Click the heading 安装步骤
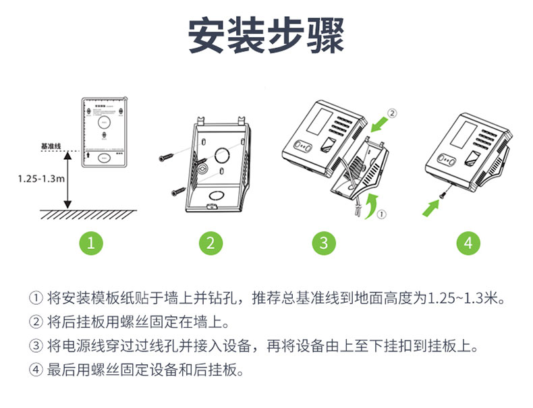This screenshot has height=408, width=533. [x=266, y=35]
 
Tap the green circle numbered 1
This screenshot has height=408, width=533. [x=91, y=243]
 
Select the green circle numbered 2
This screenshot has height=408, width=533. [x=211, y=243]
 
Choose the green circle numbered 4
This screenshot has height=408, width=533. [x=468, y=243]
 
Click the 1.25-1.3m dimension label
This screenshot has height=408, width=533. [x=40, y=179]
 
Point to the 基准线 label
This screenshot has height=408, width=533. [x=51, y=146]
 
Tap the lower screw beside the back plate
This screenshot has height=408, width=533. [x=176, y=192]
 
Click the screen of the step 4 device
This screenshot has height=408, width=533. [x=455, y=133]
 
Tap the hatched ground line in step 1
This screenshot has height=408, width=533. [x=88, y=214]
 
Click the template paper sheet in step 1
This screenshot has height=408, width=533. [x=104, y=132]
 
